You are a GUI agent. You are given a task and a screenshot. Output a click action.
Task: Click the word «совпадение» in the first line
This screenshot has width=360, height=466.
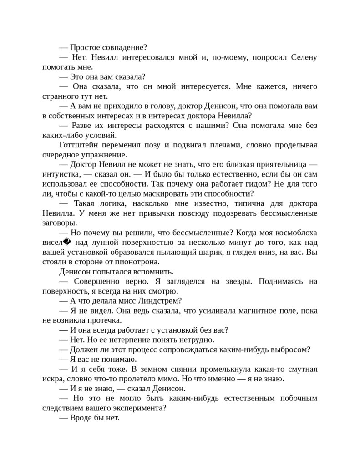pyautogui.click(x=121, y=47)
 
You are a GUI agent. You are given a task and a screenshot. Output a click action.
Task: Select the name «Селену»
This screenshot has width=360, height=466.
pyautogui.click(x=302, y=57)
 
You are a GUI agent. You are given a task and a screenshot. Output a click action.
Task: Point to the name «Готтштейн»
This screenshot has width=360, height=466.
pyautogui.click(x=79, y=145)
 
